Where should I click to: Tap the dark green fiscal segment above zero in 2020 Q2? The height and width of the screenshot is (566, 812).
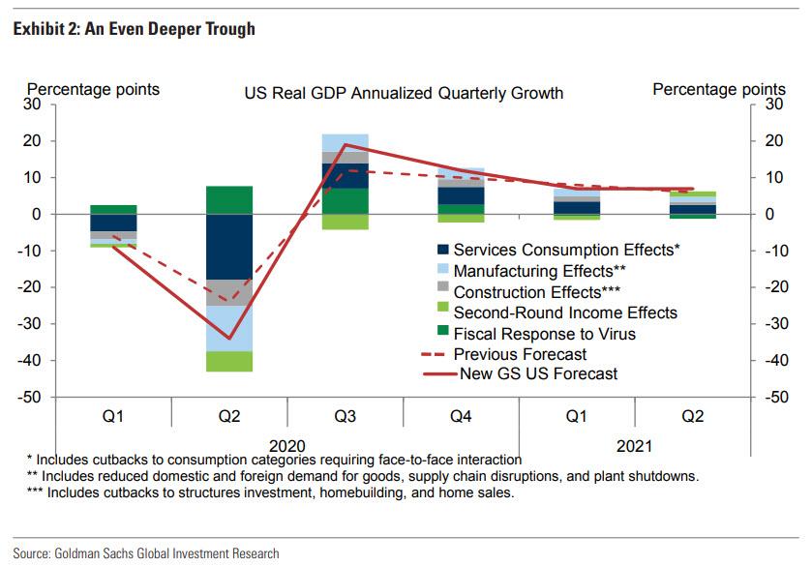click(228, 199)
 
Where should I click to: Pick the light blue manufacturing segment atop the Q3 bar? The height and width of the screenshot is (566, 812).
click(345, 142)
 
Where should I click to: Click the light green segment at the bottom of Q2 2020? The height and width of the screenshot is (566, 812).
click(228, 361)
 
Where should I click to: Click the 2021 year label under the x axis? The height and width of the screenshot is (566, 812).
click(634, 446)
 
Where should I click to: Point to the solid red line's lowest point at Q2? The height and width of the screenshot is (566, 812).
click(228, 339)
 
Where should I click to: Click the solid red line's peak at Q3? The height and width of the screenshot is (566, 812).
click(345, 144)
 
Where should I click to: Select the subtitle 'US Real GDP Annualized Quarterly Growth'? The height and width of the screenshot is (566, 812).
click(403, 94)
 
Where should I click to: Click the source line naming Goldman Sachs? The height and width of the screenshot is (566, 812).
click(145, 553)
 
